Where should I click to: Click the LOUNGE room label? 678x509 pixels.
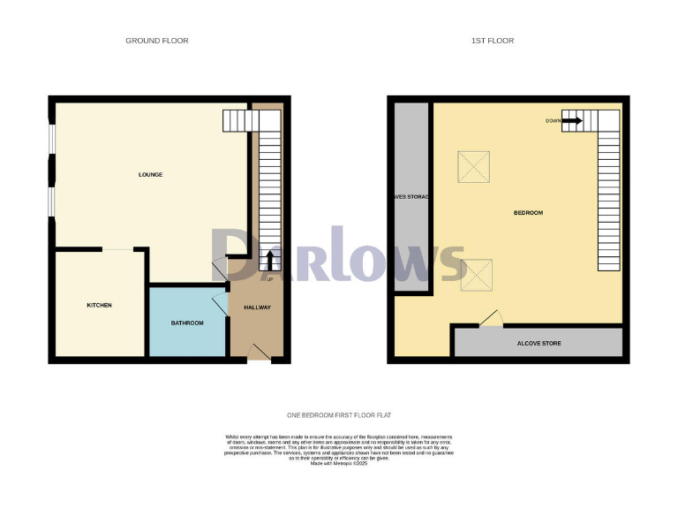tap(150, 174)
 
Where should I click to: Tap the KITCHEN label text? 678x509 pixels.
tap(99, 305)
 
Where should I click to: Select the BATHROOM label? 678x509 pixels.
tap(187, 323)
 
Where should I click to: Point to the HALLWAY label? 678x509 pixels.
tap(257, 308)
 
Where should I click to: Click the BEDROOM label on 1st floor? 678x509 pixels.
tap(528, 213)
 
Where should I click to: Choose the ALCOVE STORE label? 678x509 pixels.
tap(539, 343)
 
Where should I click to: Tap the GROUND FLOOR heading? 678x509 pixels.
tap(157, 41)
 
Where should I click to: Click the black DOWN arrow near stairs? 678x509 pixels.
tap(572, 120)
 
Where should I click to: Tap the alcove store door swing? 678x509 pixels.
tap(490, 317)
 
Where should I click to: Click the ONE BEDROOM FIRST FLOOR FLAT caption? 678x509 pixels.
tap(339, 415)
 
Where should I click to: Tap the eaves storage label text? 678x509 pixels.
tap(411, 196)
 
